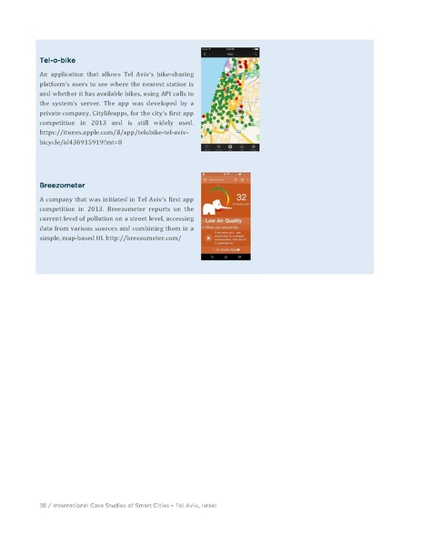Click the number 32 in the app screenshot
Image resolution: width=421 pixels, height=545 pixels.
[242, 197]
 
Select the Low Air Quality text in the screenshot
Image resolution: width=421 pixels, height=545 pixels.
[226, 220]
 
